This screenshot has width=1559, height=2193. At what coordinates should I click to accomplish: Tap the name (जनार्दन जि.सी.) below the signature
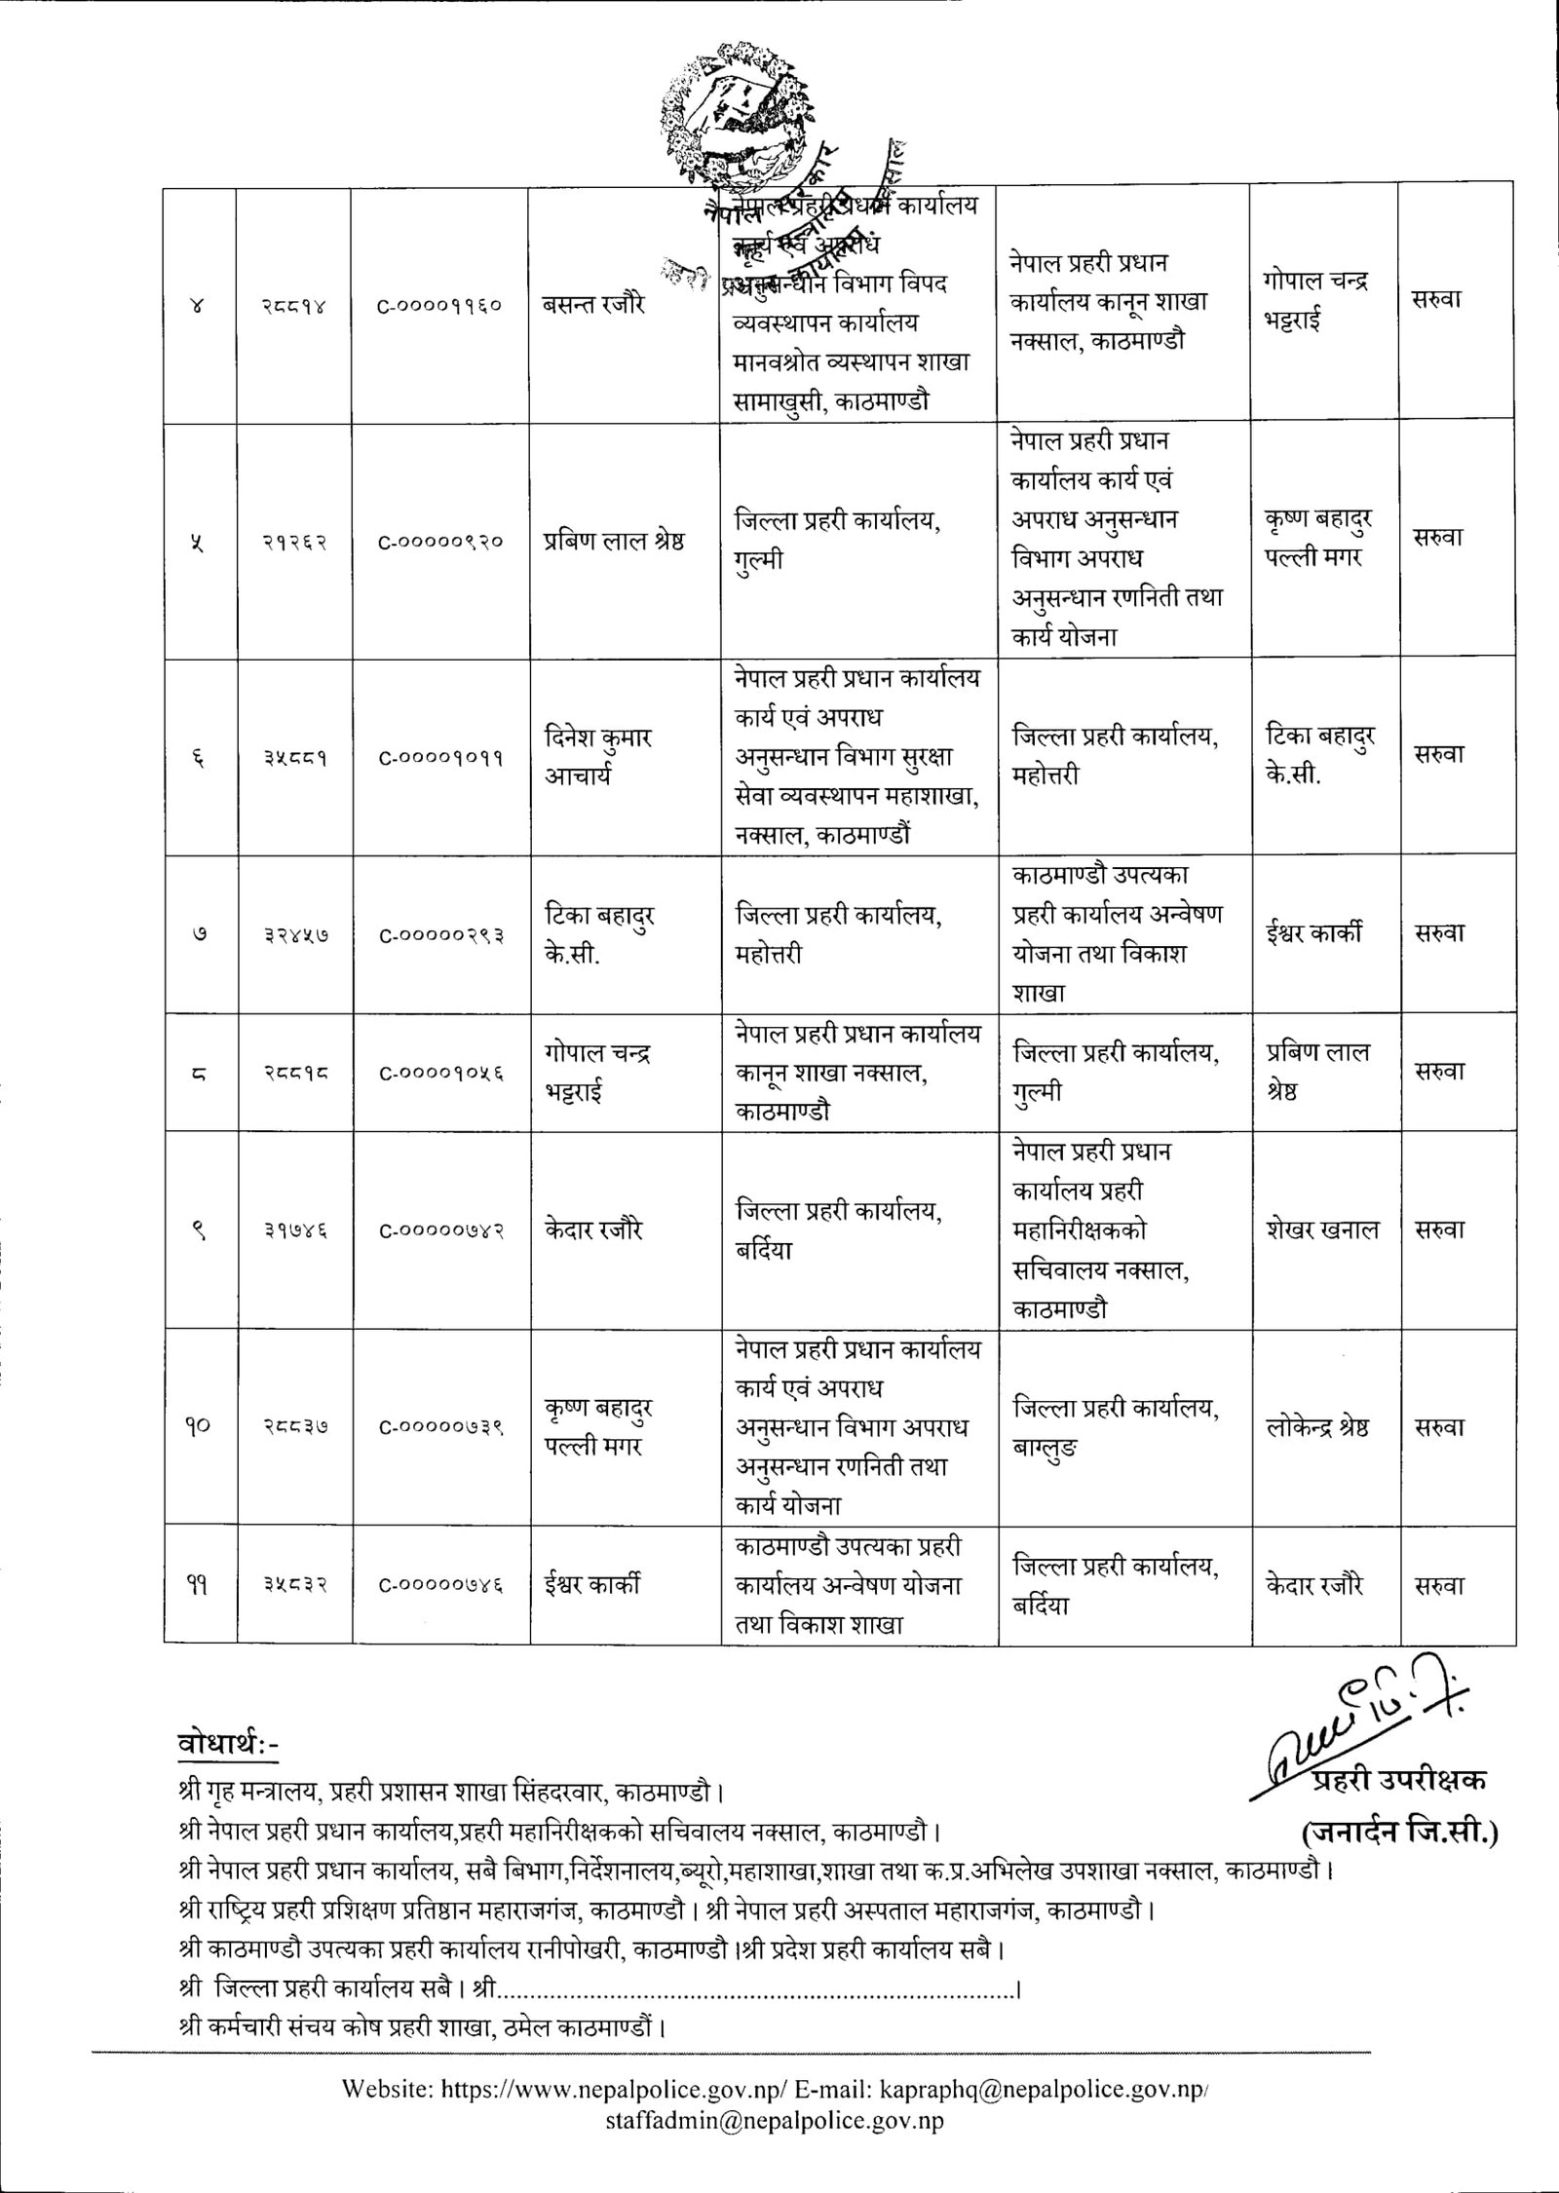point(1400,1832)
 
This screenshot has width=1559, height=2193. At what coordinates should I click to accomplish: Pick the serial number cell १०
point(199,1428)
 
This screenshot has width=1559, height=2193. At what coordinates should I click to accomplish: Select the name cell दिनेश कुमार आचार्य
point(597,756)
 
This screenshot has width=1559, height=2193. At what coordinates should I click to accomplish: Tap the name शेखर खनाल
point(1322,1230)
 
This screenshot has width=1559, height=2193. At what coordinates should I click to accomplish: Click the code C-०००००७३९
point(440,1428)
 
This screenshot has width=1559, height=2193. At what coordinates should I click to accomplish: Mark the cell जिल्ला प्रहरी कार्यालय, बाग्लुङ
point(1116,1428)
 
